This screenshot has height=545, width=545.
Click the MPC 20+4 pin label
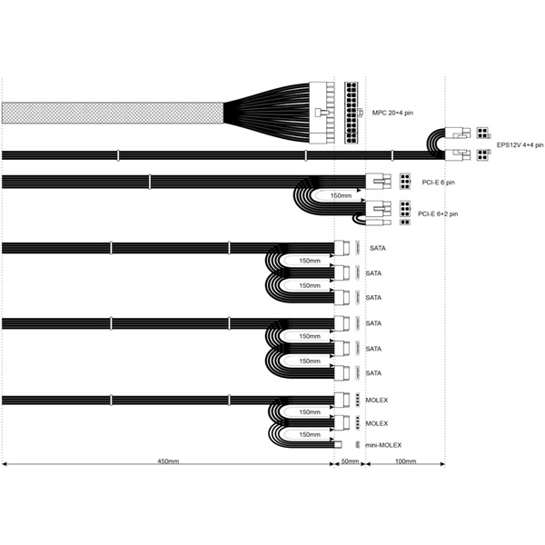(x=392, y=113)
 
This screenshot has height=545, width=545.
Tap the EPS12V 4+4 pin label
(x=520, y=145)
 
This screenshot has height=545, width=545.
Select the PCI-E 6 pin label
(x=438, y=183)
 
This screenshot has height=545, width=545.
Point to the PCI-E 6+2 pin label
(x=438, y=213)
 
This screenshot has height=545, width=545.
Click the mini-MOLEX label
(x=383, y=445)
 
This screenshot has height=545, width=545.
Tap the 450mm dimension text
(x=168, y=461)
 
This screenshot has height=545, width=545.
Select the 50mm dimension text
(x=350, y=461)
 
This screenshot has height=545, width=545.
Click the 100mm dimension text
(x=406, y=461)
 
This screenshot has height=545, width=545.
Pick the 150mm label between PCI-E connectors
(x=341, y=195)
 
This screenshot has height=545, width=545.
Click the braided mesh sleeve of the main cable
(x=113, y=113)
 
